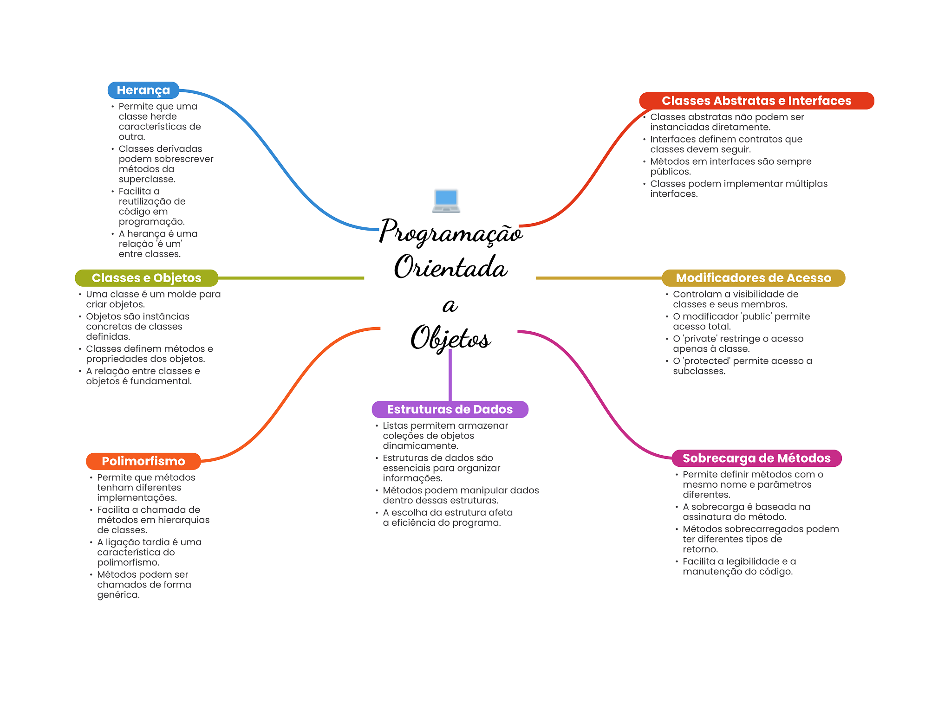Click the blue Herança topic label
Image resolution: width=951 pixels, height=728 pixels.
point(143,90)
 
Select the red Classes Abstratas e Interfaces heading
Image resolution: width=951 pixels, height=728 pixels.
point(756,101)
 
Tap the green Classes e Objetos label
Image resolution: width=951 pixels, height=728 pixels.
point(146,278)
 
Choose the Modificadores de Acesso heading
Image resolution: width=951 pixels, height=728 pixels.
point(753,278)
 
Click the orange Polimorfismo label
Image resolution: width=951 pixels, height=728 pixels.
point(143,461)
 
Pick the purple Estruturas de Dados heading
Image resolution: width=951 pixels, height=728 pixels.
point(449,409)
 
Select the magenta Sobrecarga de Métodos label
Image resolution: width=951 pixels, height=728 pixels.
point(756,458)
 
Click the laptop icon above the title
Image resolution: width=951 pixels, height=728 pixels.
point(446,201)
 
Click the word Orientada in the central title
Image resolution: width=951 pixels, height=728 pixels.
point(450,268)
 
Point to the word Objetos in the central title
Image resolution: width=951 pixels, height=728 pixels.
point(450,338)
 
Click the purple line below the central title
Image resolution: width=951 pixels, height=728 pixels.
point(450,376)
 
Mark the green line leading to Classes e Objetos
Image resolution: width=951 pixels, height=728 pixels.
point(291,278)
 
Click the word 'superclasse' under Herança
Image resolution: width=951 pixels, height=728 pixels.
point(146,179)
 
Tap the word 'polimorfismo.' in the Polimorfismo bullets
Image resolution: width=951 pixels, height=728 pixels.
point(128,562)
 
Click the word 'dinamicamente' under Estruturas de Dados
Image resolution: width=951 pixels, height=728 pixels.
point(420,446)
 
